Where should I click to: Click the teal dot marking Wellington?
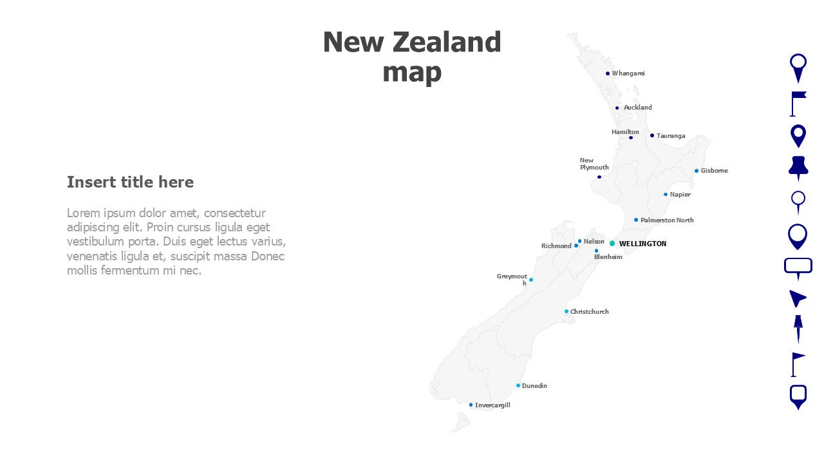[612, 244]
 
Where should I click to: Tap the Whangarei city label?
[628, 73]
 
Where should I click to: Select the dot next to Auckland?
[617, 108]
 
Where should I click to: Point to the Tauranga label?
[671, 136]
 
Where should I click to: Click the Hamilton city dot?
[631, 137]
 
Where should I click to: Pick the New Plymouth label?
[594, 164]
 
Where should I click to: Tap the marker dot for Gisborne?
[696, 171]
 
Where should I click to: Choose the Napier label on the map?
[680, 195]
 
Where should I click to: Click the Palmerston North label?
[667, 220]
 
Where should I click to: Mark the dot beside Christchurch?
[566, 311]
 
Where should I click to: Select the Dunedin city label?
[534, 386]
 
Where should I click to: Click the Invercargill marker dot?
[471, 405]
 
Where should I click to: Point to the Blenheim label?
[608, 257]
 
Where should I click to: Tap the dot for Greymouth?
[530, 280]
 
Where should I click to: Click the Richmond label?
[556, 246]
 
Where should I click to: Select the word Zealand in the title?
[447, 43]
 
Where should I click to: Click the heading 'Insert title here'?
[130, 182]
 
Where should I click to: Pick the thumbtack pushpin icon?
[798, 167]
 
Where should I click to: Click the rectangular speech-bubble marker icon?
[798, 267]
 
